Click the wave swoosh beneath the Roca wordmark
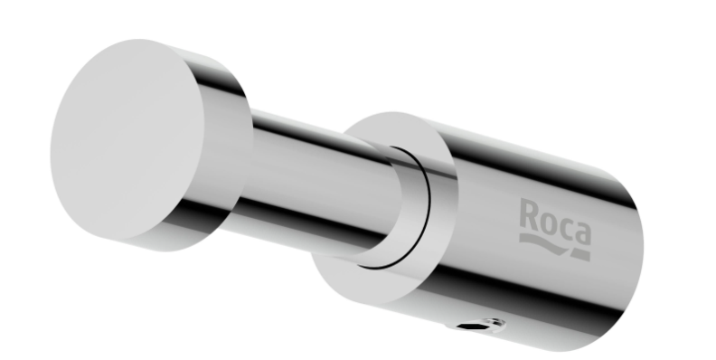(544, 243)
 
